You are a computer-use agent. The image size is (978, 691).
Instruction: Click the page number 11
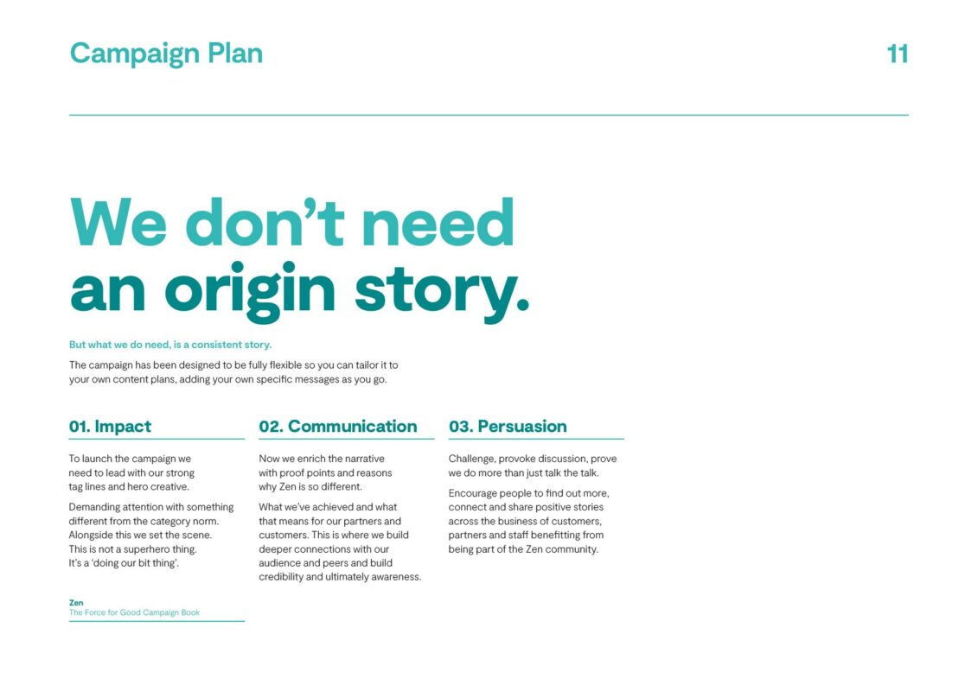coord(898,54)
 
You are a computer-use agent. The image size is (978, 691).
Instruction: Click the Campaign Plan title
coord(166,54)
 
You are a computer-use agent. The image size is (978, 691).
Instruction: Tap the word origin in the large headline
coord(250,292)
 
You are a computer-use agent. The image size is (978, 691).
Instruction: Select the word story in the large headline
coord(442,293)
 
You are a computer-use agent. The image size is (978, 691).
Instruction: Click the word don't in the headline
coord(265,222)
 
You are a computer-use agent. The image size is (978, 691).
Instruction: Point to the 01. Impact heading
coord(110,426)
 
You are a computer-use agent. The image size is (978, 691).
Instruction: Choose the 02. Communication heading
coord(338,426)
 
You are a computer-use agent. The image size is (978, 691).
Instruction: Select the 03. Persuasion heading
coord(508,426)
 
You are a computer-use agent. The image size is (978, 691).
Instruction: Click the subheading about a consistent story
coord(170,345)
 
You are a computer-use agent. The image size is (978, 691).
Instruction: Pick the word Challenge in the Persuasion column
coord(472,460)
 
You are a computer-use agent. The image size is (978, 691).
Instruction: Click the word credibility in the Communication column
coord(281,577)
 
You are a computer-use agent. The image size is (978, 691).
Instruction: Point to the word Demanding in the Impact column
coord(94,508)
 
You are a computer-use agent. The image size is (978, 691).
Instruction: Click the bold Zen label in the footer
coord(76,603)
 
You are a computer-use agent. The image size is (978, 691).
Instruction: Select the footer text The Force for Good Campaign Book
coord(134,612)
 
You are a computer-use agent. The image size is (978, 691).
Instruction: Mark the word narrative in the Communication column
coord(363,459)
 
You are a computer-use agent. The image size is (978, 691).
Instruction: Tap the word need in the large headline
coord(438,222)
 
